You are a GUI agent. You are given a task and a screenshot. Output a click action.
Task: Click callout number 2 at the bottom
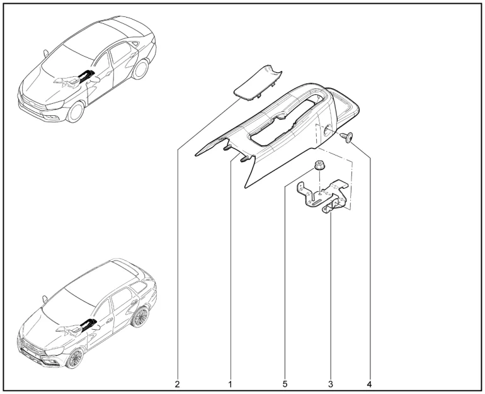[177, 384]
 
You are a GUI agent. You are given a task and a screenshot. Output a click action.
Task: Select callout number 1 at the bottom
[230, 384]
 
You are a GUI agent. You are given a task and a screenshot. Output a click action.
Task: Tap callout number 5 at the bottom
[285, 384]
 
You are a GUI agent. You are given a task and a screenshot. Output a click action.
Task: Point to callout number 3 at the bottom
[330, 384]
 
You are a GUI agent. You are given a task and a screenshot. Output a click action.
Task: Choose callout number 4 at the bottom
[368, 384]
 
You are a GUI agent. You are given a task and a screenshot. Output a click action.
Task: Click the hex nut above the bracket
[319, 165]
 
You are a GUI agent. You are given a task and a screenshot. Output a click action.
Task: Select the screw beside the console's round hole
[347, 137]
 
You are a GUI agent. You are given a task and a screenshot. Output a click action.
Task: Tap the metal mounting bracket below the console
[322, 196]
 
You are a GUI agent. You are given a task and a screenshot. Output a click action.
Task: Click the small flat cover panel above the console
[258, 83]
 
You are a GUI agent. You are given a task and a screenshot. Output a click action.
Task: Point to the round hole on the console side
[328, 130]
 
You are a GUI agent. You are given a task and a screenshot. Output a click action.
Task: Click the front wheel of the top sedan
[76, 112]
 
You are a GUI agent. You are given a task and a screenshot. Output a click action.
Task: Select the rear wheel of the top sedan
[140, 69]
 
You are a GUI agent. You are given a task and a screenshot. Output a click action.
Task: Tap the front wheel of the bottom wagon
[75, 359]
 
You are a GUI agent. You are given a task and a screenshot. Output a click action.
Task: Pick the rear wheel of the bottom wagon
[140, 317]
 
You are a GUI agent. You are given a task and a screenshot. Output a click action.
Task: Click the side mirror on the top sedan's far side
[45, 53]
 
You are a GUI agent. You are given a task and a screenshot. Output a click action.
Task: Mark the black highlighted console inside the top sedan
[85, 76]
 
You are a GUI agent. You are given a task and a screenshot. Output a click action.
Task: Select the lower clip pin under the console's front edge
[244, 159]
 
